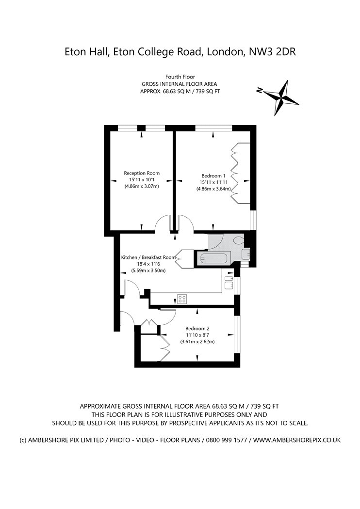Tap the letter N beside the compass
pyautogui.click(x=260, y=90)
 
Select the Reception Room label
pyautogui.click(x=142, y=173)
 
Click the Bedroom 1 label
pyautogui.click(x=213, y=175)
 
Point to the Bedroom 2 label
pyautogui.click(x=197, y=328)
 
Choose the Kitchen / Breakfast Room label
pyautogui.click(x=148, y=257)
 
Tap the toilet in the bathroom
pyautogui.click(x=239, y=240)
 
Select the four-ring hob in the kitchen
pyautogui.click(x=181, y=299)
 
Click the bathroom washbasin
pyautogui.click(x=246, y=254)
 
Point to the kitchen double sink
pyautogui.click(x=229, y=282)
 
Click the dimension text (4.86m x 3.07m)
pyautogui.click(x=142, y=186)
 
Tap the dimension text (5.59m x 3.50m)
pyautogui.click(x=148, y=270)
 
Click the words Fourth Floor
pyautogui.click(x=180, y=77)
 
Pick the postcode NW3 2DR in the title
pyautogui.click(x=272, y=51)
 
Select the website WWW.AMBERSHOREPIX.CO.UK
pyautogui.click(x=296, y=440)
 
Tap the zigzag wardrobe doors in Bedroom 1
pyautogui.click(x=235, y=173)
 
